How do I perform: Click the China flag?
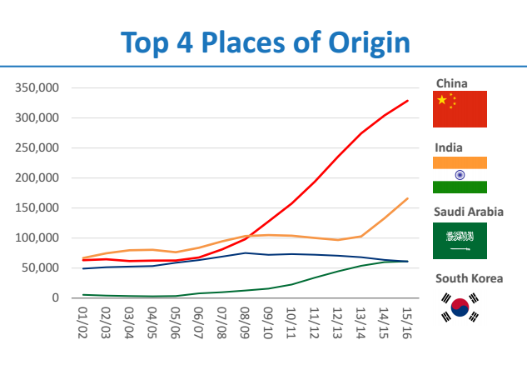pos(460,109)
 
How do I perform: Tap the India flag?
pos(460,175)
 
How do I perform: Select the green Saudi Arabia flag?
pos(460,241)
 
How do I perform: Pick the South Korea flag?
pos(460,307)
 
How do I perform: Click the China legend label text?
pos(451,83)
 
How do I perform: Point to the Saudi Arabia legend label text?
pos(469,212)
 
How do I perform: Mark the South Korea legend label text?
pos(469,278)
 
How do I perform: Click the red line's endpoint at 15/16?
pos(408,101)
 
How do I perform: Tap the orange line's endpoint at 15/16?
pos(408,198)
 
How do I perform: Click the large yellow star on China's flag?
pos(442,101)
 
